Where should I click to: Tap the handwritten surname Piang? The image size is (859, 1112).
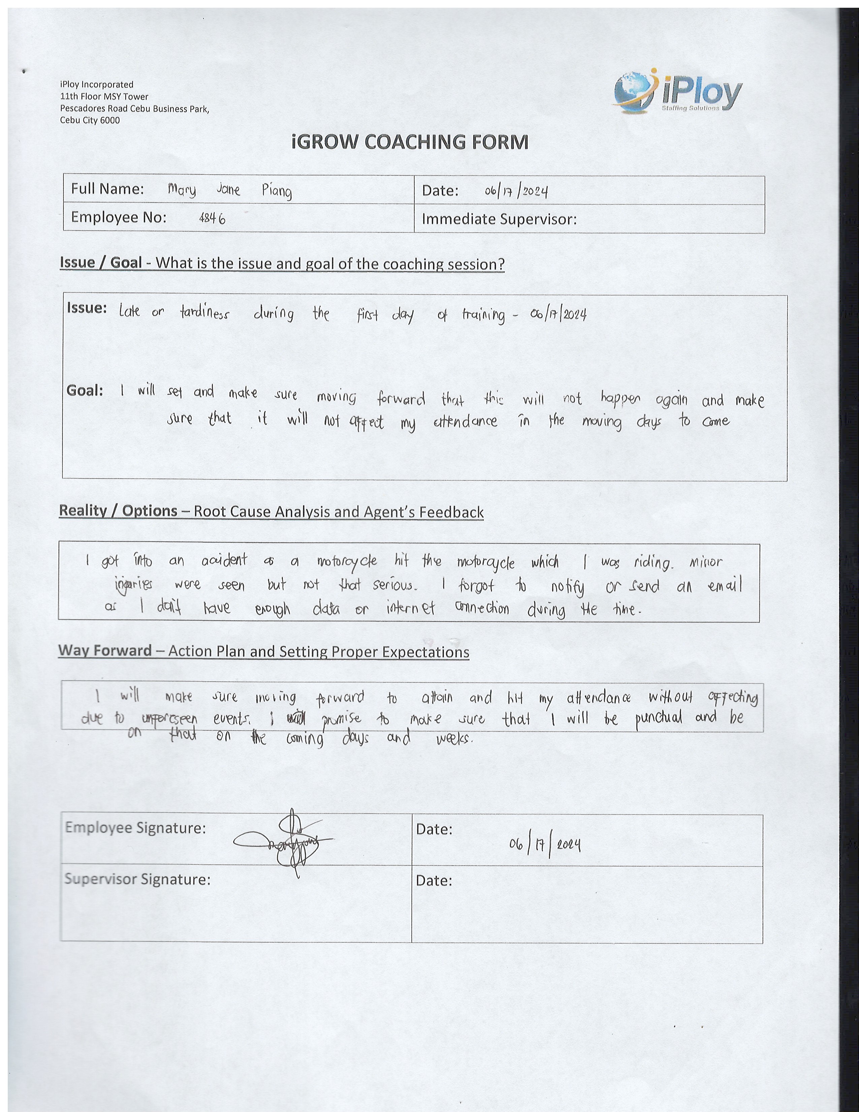(x=277, y=191)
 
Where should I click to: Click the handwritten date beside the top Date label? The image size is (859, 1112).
(x=516, y=191)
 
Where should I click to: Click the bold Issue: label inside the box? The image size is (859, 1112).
(x=87, y=309)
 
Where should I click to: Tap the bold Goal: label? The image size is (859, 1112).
(x=85, y=391)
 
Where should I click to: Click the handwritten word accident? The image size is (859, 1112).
(x=224, y=561)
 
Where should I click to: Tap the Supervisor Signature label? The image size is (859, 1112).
(x=137, y=879)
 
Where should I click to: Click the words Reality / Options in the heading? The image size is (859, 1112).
(x=118, y=511)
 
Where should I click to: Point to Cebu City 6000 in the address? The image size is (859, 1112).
(x=90, y=120)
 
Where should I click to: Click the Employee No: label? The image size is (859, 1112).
(x=119, y=217)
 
